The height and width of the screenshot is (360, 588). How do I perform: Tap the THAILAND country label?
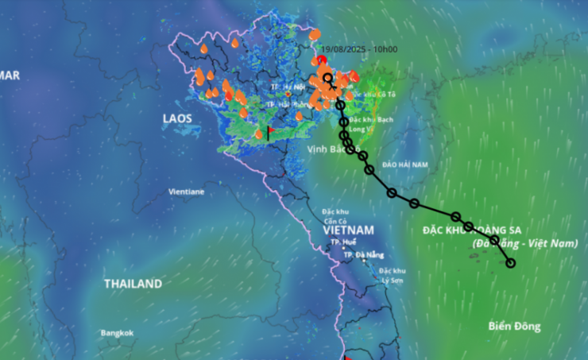point(133,284)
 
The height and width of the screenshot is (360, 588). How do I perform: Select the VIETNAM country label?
point(348,230)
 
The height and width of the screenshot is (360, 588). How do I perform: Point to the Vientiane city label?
point(186,192)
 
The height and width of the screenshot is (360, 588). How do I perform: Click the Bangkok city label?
point(117,333)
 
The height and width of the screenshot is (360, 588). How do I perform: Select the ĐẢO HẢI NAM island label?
point(404,165)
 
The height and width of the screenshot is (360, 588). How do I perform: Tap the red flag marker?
point(270,131)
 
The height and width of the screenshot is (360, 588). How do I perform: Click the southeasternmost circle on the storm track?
point(511,263)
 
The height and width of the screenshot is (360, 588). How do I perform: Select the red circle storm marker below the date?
point(321,60)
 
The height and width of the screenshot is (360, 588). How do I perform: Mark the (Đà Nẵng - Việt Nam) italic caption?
point(524,243)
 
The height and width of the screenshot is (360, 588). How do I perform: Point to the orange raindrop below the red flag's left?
point(258,134)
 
